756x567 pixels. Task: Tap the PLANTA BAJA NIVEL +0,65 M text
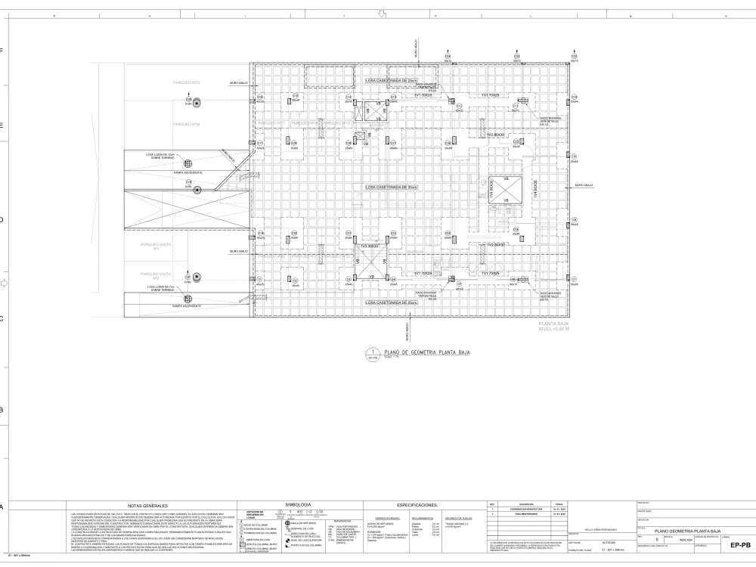[x=557, y=327]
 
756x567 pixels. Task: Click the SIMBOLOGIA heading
[x=297, y=503]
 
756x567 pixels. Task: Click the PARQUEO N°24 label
[x=186, y=124]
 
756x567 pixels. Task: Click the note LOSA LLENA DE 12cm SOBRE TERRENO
[x=162, y=156]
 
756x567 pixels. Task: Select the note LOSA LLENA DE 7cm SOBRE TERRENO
[x=162, y=289]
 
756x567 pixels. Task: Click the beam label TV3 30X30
[x=368, y=246]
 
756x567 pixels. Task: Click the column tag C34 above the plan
[x=447, y=57]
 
